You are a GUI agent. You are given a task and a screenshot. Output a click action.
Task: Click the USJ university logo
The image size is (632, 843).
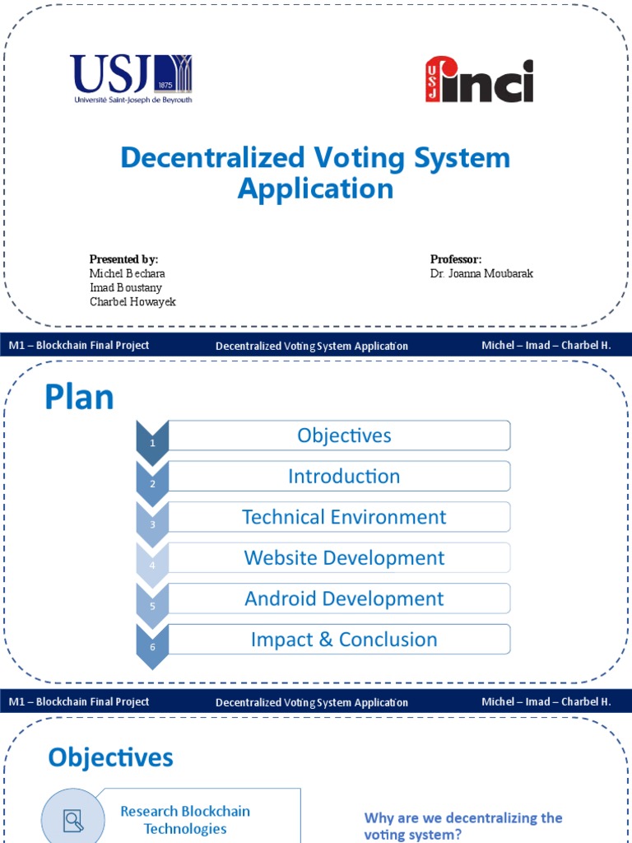click(131, 79)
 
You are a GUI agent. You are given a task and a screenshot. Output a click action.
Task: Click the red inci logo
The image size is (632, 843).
click(479, 81)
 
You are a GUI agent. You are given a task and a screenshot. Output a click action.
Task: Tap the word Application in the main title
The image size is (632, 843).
click(315, 189)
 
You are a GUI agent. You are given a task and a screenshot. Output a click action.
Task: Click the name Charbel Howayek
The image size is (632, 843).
click(132, 301)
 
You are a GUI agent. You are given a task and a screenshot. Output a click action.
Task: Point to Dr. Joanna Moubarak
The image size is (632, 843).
click(481, 273)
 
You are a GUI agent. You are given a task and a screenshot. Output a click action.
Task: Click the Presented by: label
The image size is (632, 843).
click(123, 259)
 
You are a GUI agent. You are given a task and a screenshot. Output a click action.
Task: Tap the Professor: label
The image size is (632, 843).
click(456, 259)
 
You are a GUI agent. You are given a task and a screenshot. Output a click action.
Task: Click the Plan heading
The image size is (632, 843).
click(79, 398)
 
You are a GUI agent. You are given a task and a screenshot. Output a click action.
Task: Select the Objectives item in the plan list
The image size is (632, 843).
click(344, 435)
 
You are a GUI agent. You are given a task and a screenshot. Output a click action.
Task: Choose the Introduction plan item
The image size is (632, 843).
click(344, 476)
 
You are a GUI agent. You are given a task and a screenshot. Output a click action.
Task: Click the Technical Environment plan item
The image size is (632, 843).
click(344, 517)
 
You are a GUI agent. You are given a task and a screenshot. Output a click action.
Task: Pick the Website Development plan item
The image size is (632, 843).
click(344, 557)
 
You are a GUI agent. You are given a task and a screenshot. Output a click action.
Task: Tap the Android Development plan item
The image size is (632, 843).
click(344, 598)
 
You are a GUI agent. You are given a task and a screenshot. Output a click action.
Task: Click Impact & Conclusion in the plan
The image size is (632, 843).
click(344, 639)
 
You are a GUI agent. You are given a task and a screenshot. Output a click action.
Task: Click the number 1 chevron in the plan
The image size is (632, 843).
click(152, 441)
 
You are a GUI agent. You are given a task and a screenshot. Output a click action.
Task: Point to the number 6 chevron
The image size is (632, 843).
click(152, 645)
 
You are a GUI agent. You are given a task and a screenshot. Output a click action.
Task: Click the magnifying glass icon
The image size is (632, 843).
click(73, 819)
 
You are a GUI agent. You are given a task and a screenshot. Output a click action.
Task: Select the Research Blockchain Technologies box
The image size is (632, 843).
click(185, 820)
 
